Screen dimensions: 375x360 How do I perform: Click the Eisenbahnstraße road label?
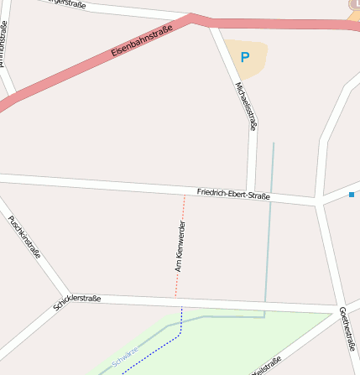coord(141,42)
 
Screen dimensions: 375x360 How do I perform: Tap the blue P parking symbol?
coord(245,58)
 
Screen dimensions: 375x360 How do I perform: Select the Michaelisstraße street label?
coord(246,106)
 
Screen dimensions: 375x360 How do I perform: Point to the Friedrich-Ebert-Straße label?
coord(233,194)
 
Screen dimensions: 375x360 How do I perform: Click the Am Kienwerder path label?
coord(179,247)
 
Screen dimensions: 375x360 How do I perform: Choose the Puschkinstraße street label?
coord(24,237)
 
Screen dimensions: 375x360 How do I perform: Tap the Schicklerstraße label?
coord(77,302)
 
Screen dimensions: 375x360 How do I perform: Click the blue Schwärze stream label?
coord(124,357)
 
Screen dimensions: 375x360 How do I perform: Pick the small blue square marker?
coord(351,195)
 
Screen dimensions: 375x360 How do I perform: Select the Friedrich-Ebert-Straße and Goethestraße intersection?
coord(319,203)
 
